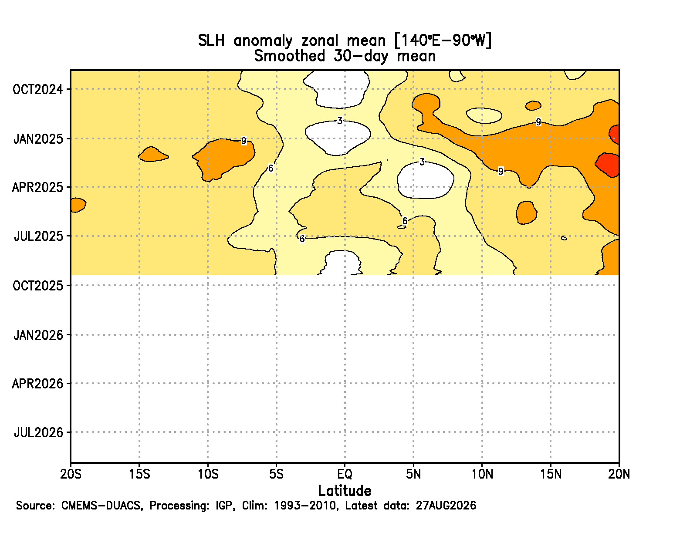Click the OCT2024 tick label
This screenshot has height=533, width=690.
[38, 90]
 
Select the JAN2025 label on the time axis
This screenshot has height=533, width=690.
[38, 139]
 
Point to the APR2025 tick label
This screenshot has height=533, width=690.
[37, 188]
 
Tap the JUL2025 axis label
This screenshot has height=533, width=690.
[38, 236]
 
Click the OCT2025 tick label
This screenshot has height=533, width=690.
[38, 286]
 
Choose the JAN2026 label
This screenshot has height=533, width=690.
[38, 335]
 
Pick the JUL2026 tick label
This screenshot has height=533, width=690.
[38, 433]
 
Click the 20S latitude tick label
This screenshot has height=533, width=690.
[71, 474]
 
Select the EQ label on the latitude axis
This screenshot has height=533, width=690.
[345, 474]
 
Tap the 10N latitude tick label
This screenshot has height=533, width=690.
[482, 474]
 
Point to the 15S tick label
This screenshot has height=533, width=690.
[139, 474]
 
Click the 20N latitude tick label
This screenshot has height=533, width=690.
[619, 474]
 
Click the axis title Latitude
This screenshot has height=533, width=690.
[345, 491]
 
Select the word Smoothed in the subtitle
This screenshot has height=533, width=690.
[289, 56]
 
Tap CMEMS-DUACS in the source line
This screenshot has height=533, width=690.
[101, 506]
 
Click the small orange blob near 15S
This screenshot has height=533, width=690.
[152, 155]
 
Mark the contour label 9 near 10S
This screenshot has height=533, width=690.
[244, 141]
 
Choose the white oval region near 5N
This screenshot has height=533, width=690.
[425, 181]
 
